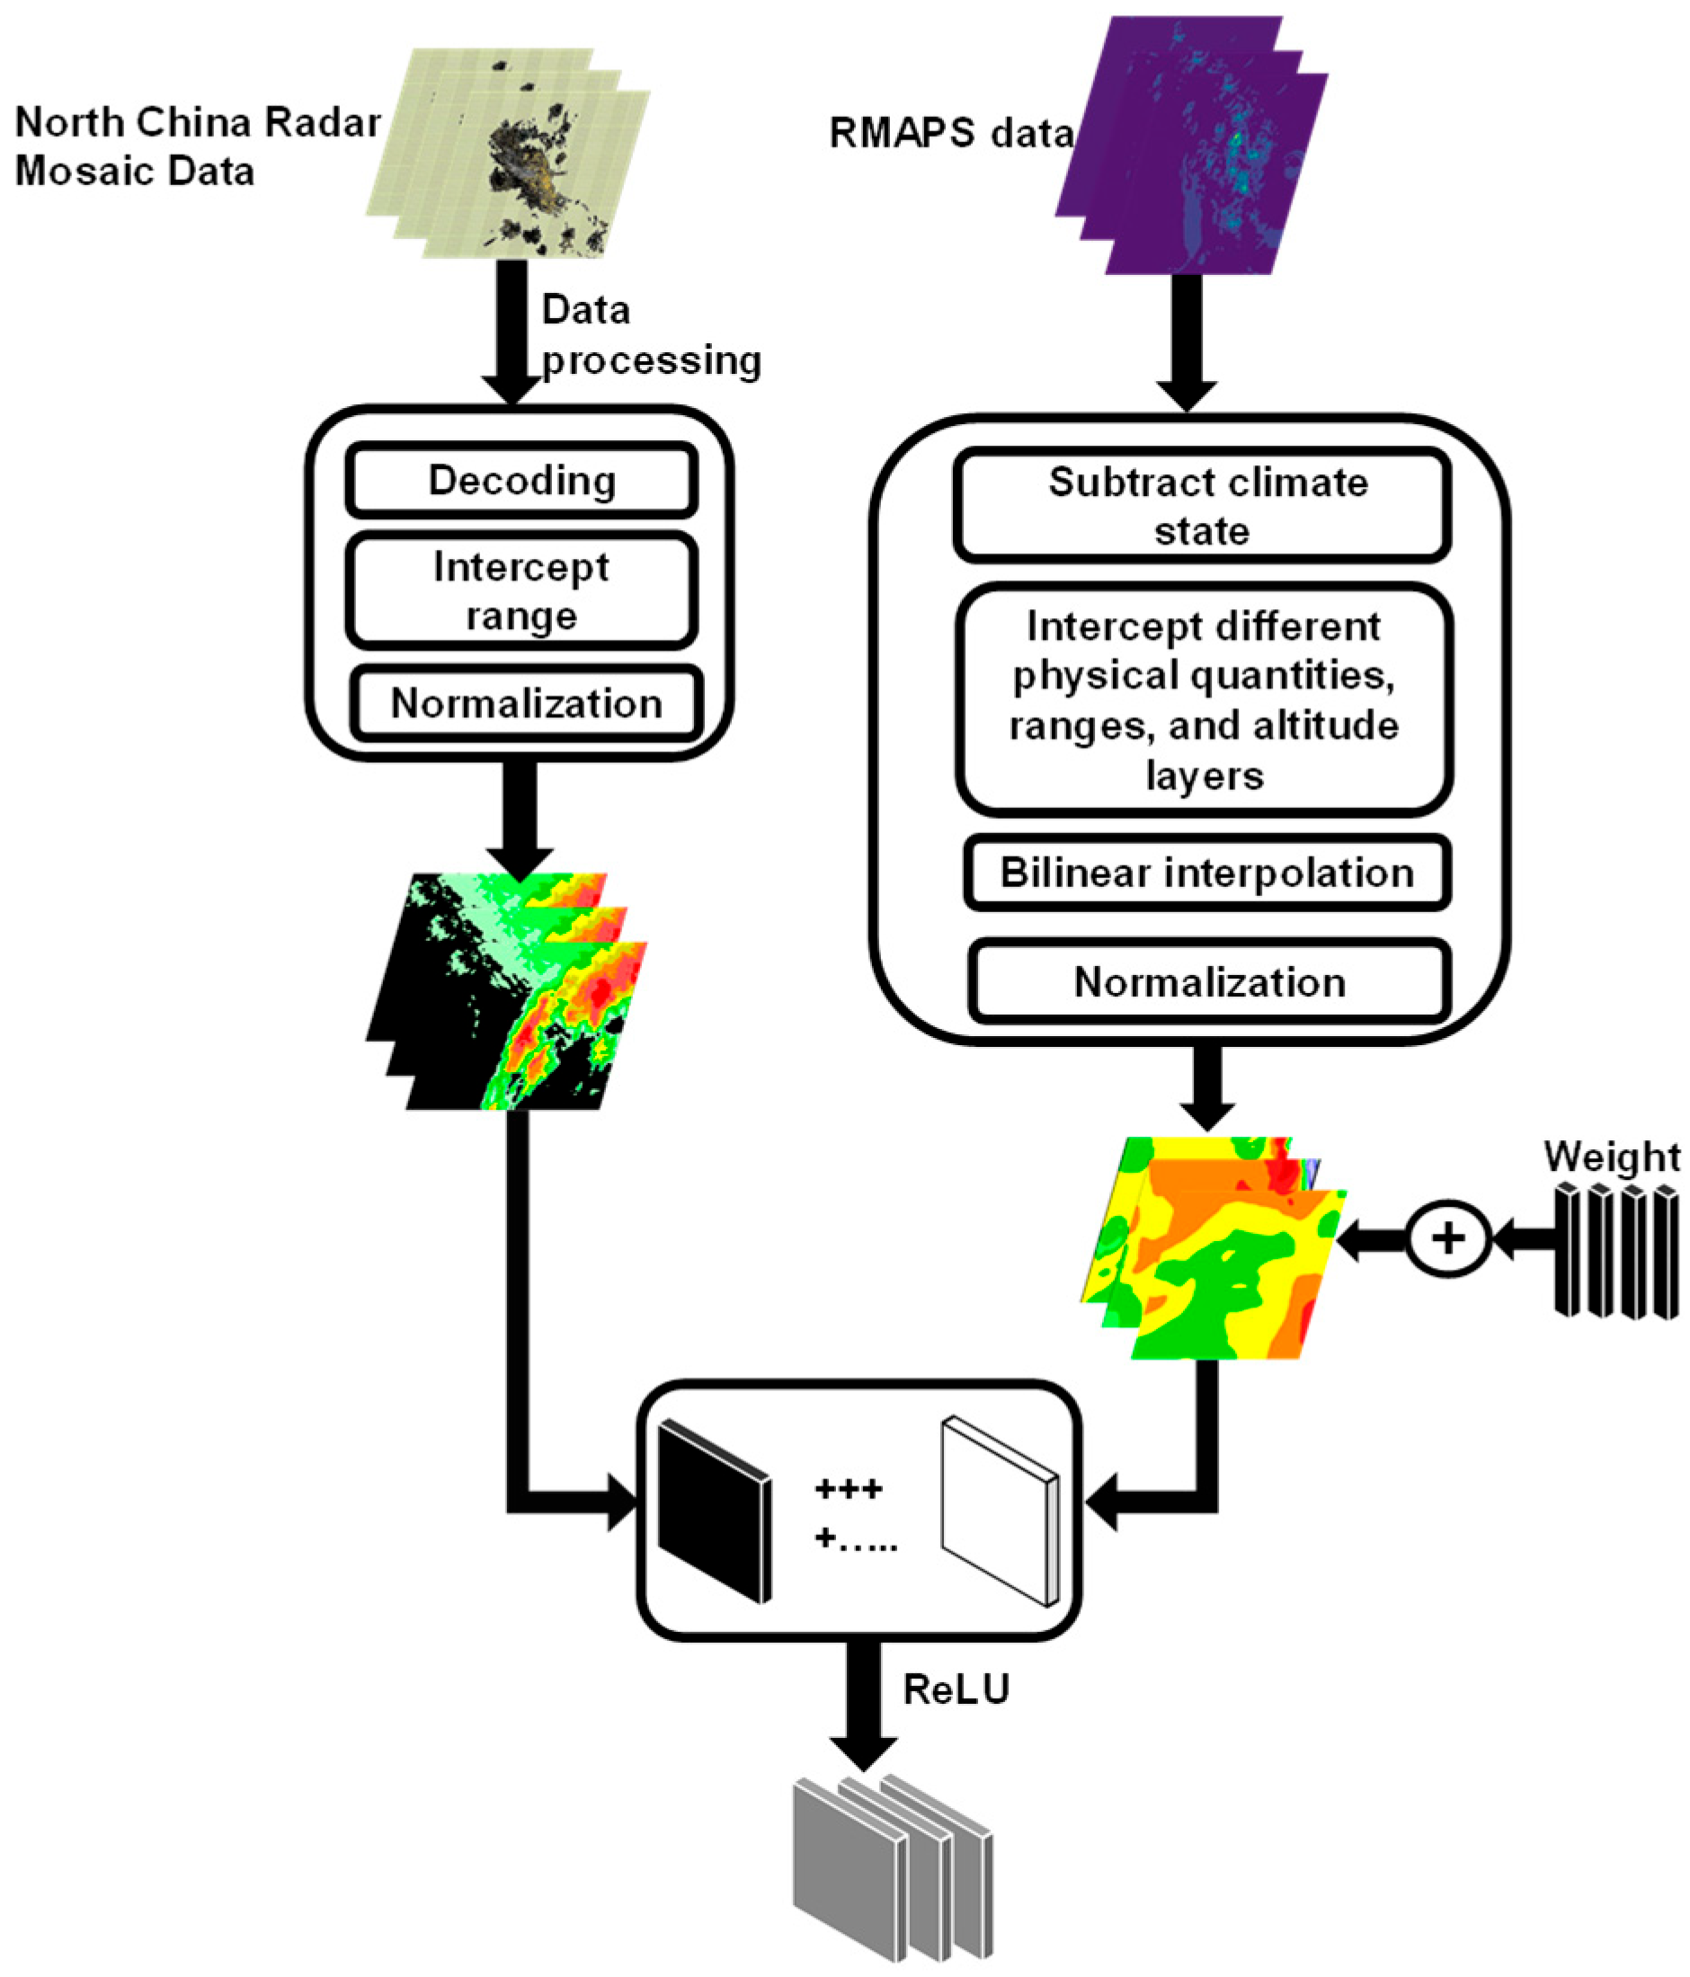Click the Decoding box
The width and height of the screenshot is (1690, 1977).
click(521, 480)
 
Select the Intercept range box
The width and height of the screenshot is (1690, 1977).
click(521, 590)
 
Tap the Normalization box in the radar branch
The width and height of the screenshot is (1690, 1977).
click(527, 704)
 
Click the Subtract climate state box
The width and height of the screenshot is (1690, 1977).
click(1203, 506)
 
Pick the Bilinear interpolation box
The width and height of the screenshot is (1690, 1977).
click(1206, 872)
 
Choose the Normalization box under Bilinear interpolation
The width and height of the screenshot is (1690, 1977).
click(1209, 982)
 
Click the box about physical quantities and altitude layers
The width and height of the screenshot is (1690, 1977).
click(1205, 699)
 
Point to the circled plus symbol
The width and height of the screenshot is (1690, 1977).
click(1447, 1238)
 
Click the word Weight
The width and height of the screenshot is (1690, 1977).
click(1612, 1157)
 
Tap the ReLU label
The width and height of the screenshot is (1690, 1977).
click(956, 1689)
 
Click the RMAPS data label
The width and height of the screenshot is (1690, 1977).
click(950, 133)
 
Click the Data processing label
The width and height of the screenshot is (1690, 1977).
click(649, 336)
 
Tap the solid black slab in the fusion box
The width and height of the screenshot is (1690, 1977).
click(714, 1511)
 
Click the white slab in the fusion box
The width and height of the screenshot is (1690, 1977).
click(999, 1511)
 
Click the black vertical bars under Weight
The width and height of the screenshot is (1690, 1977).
click(1615, 1251)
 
